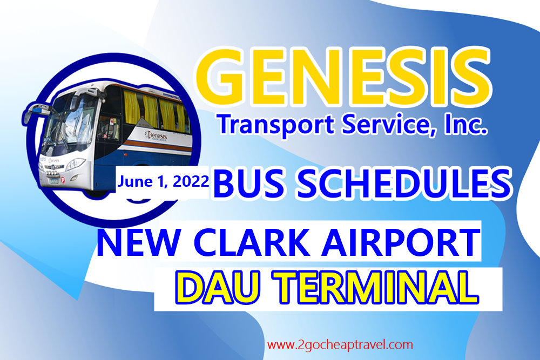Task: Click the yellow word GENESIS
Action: point(343,77)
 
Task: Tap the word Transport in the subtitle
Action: point(275,125)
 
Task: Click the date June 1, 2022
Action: point(163,181)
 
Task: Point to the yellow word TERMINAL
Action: point(375,288)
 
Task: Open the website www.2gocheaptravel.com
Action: point(340,345)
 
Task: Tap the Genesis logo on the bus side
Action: point(156,135)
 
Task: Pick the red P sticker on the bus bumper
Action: point(63,180)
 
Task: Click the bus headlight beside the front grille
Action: point(75,164)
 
